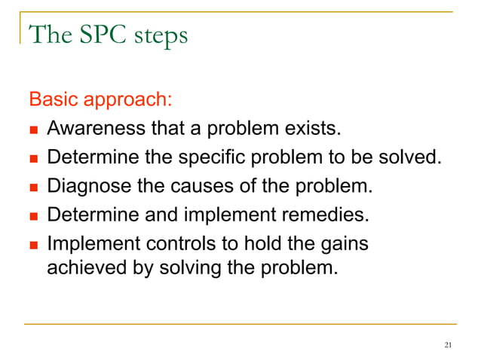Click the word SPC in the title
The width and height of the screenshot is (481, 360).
pyautogui.click(x=97, y=35)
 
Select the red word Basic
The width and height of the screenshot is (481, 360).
pyautogui.click(x=51, y=99)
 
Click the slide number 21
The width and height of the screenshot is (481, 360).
pyautogui.click(x=449, y=345)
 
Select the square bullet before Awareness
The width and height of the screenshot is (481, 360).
pyautogui.click(x=35, y=131)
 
